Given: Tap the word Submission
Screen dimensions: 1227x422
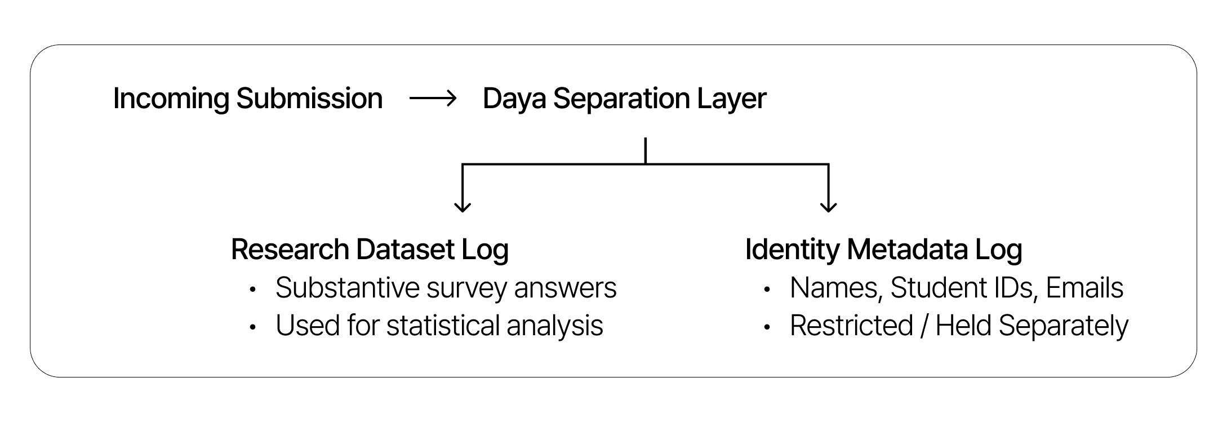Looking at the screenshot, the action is [x=309, y=98].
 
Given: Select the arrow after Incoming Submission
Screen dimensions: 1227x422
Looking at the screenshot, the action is [x=433, y=99].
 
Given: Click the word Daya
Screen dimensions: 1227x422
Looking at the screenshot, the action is [x=514, y=100].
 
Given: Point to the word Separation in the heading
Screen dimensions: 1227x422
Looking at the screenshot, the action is [x=621, y=100].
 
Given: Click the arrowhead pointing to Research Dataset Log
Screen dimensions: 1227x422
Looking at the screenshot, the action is [x=463, y=206].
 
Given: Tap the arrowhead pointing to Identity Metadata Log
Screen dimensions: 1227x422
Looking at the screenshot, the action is [x=828, y=206].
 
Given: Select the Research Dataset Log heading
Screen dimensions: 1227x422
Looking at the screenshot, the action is [x=370, y=250].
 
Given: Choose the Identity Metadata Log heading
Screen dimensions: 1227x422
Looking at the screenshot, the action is [x=883, y=250].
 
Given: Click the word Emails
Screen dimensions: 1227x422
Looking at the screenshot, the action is [x=1084, y=288].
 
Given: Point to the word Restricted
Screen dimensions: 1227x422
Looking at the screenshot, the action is [x=851, y=326].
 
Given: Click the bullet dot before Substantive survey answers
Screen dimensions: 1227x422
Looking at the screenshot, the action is [x=253, y=290].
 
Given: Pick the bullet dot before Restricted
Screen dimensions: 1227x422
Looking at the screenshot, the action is [x=767, y=327].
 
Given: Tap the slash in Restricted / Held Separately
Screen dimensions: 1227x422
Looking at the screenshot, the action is [x=924, y=326].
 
